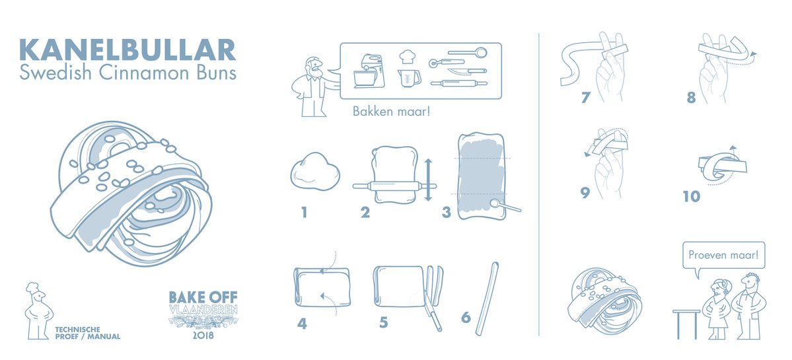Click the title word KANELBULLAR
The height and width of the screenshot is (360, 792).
click(127, 50)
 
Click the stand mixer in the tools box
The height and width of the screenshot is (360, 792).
click(369, 71)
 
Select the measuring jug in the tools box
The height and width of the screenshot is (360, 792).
click(409, 78)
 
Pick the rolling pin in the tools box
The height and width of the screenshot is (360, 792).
click(459, 83)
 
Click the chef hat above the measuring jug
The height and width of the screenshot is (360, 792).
click(407, 57)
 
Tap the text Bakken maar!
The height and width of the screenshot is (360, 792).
click(392, 111)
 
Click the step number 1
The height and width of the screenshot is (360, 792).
click(304, 213)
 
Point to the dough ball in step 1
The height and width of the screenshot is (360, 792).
click(315, 171)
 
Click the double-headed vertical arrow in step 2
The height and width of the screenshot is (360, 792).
click(428, 180)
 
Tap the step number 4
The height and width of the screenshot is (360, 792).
click(302, 322)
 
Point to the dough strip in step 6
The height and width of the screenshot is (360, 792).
click(487, 299)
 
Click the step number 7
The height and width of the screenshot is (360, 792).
click(585, 97)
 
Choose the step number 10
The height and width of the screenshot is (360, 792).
click(692, 196)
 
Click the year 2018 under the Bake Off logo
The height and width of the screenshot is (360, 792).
click(203, 335)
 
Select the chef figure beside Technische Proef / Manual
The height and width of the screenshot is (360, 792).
click(38, 310)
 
